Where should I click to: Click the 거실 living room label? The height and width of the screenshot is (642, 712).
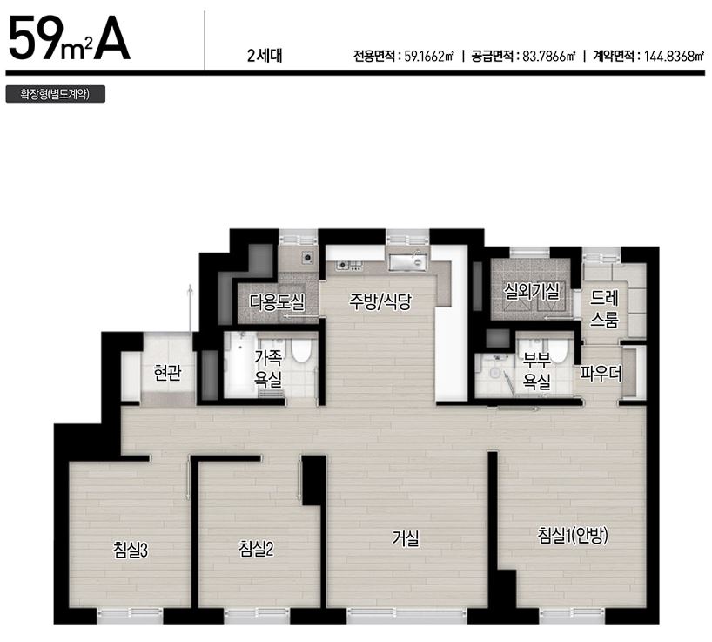tap(406, 538)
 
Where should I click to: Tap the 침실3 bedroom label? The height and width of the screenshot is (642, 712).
tap(131, 551)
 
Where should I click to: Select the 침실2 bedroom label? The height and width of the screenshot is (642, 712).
tap(256, 549)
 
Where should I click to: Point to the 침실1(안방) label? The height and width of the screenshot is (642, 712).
tap(573, 536)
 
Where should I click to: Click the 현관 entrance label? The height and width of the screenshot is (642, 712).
tap(168, 373)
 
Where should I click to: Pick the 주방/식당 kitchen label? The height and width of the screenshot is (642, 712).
tap(380, 301)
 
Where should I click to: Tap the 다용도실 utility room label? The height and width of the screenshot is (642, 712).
tap(277, 302)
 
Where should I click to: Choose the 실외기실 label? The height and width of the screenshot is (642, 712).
tap(532, 291)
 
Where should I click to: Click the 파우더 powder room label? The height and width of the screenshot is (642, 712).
tap(601, 374)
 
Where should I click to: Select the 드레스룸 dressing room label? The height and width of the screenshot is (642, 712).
tap(604, 309)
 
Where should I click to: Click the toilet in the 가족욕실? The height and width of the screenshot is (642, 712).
tap(301, 350)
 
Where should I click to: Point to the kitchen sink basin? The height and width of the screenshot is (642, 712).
tap(407, 261)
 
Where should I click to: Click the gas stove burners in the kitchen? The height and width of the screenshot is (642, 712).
tap(349, 265)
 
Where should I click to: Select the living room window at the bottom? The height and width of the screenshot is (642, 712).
tap(406, 615)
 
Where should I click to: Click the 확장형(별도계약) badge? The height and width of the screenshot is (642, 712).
tap(56, 94)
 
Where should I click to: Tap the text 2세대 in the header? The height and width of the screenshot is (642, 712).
tap(265, 56)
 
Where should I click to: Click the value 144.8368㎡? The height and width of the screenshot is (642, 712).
tap(674, 57)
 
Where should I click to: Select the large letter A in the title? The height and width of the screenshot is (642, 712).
tap(111, 38)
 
